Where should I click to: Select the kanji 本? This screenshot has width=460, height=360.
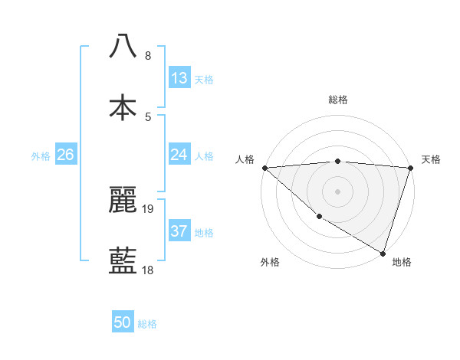[x=123, y=108]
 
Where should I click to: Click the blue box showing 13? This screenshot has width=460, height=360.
[x=179, y=78]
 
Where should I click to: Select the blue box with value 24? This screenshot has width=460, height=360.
[x=179, y=155]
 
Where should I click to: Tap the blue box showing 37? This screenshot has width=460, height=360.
[x=179, y=231]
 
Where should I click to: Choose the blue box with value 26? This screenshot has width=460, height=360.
[x=65, y=155]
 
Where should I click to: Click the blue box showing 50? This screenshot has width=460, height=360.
[x=123, y=322]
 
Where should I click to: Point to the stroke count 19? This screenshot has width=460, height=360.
[x=148, y=208]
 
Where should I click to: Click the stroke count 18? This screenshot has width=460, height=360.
[x=148, y=270]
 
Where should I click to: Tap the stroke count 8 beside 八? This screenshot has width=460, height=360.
[x=148, y=56]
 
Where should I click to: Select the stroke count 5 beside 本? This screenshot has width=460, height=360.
[x=148, y=117]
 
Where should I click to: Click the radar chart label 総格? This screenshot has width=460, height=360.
[x=338, y=100]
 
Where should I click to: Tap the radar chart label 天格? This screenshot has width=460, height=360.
[x=431, y=159]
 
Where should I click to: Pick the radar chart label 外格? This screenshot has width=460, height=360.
[x=270, y=262]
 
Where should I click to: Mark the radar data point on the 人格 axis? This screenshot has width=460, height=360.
[x=264, y=168]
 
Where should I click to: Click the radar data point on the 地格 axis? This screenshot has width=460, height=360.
[x=383, y=253]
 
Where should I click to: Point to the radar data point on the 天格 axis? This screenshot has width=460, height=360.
[x=410, y=168]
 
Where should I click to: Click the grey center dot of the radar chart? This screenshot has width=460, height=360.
[x=337, y=191]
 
